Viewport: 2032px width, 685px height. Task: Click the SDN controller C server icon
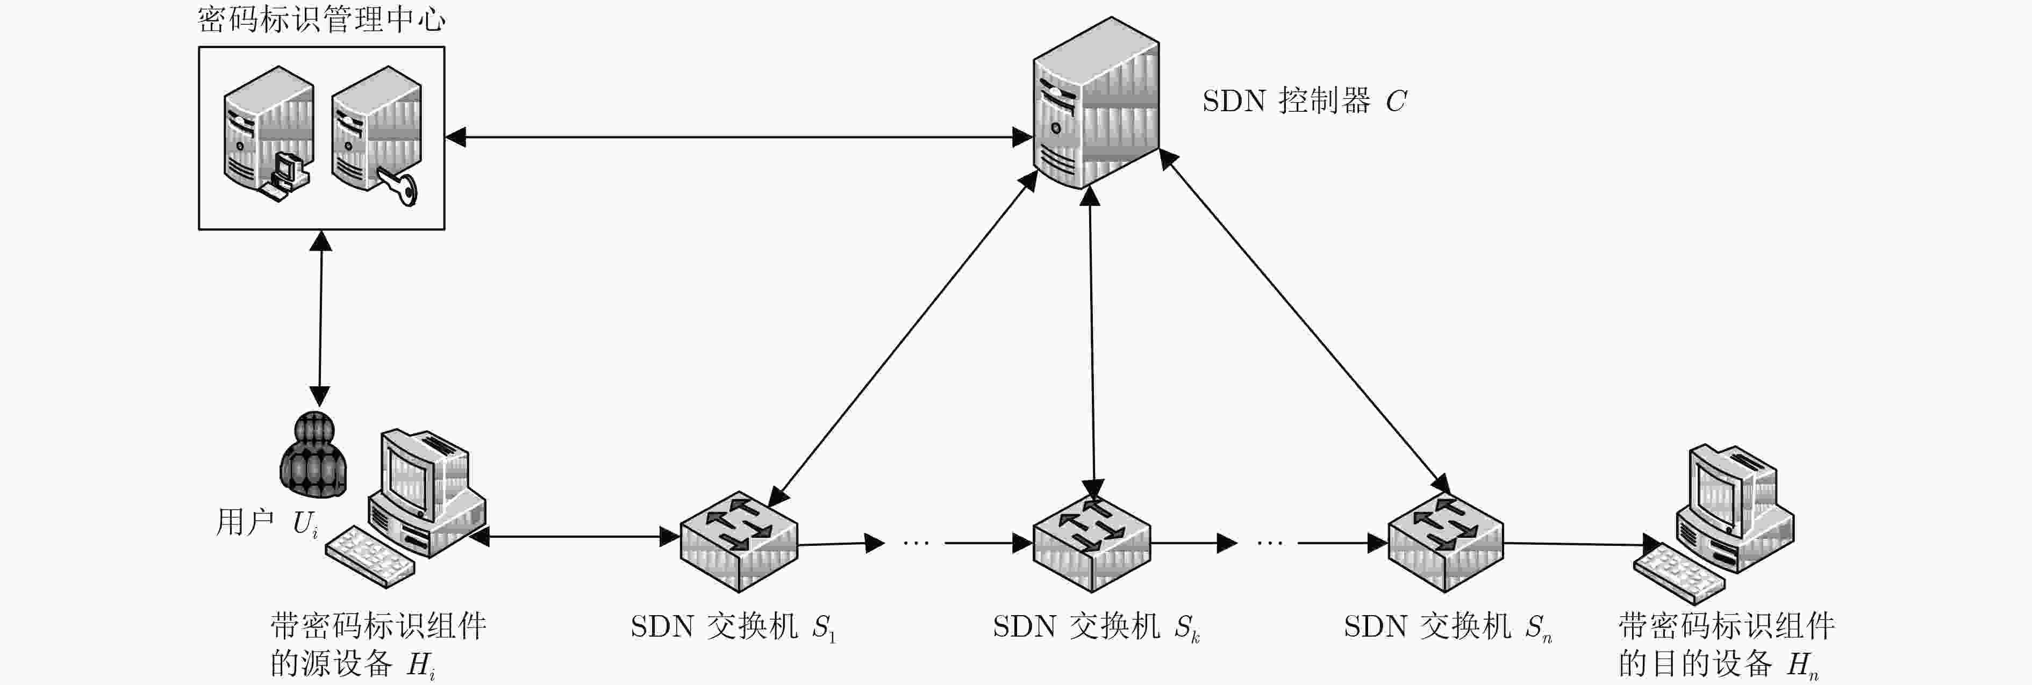click(1096, 103)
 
